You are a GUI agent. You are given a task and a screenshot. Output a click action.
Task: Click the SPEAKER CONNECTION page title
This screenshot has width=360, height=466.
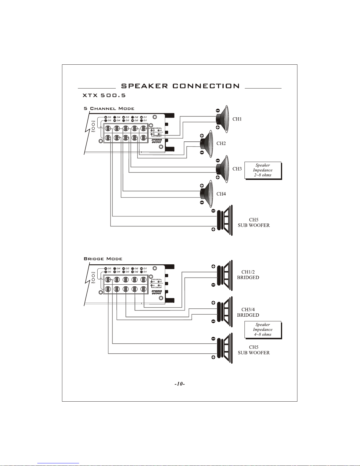pyautogui.click(x=180, y=86)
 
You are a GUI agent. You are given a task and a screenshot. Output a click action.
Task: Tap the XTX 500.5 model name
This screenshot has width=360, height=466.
pyautogui.click(x=104, y=96)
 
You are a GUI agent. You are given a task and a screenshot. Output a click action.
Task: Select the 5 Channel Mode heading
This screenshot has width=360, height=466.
pyautogui.click(x=109, y=108)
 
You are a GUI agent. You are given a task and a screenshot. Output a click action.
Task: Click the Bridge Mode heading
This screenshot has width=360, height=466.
pyautogui.click(x=103, y=259)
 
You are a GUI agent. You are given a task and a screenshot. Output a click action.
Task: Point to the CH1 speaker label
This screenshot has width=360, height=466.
pyautogui.click(x=237, y=119)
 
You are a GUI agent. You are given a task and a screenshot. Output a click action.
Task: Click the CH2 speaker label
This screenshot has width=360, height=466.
pyautogui.click(x=221, y=143)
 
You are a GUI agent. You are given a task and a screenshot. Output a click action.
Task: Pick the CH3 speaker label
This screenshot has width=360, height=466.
pyautogui.click(x=237, y=169)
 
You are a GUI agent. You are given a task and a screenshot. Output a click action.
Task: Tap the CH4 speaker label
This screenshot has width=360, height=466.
pyautogui.click(x=221, y=194)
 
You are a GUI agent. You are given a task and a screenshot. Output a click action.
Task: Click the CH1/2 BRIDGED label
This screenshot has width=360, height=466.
pyautogui.click(x=248, y=275)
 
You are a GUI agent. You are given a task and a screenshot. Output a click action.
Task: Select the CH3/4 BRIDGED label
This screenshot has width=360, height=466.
pyautogui.click(x=248, y=312)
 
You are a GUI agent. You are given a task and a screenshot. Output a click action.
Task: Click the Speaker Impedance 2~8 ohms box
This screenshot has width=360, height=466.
pyautogui.click(x=263, y=170)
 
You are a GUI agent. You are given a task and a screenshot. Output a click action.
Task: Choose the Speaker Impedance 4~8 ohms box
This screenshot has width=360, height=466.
pyautogui.click(x=263, y=330)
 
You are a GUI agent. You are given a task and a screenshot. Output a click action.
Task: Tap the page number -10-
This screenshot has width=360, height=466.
pyautogui.click(x=180, y=384)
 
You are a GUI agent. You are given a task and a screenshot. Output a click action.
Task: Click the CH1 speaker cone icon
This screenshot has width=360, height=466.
pyautogui.click(x=222, y=119)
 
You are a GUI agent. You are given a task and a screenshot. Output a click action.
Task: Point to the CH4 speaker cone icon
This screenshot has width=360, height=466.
pyautogui.click(x=207, y=194)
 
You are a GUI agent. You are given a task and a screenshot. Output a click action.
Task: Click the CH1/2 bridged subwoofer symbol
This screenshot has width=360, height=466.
pyautogui.click(x=225, y=275)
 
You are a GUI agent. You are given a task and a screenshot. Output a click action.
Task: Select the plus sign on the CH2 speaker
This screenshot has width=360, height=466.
pyautogui.click(x=202, y=136)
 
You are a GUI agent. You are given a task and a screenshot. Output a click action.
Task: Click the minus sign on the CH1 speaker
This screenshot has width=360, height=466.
pyautogui.click(x=218, y=111)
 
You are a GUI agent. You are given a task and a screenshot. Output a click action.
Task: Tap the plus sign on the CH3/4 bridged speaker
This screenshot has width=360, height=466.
pyautogui.click(x=213, y=303)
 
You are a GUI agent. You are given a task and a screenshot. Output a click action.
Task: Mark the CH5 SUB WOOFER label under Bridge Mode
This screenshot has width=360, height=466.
pyautogui.click(x=254, y=350)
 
